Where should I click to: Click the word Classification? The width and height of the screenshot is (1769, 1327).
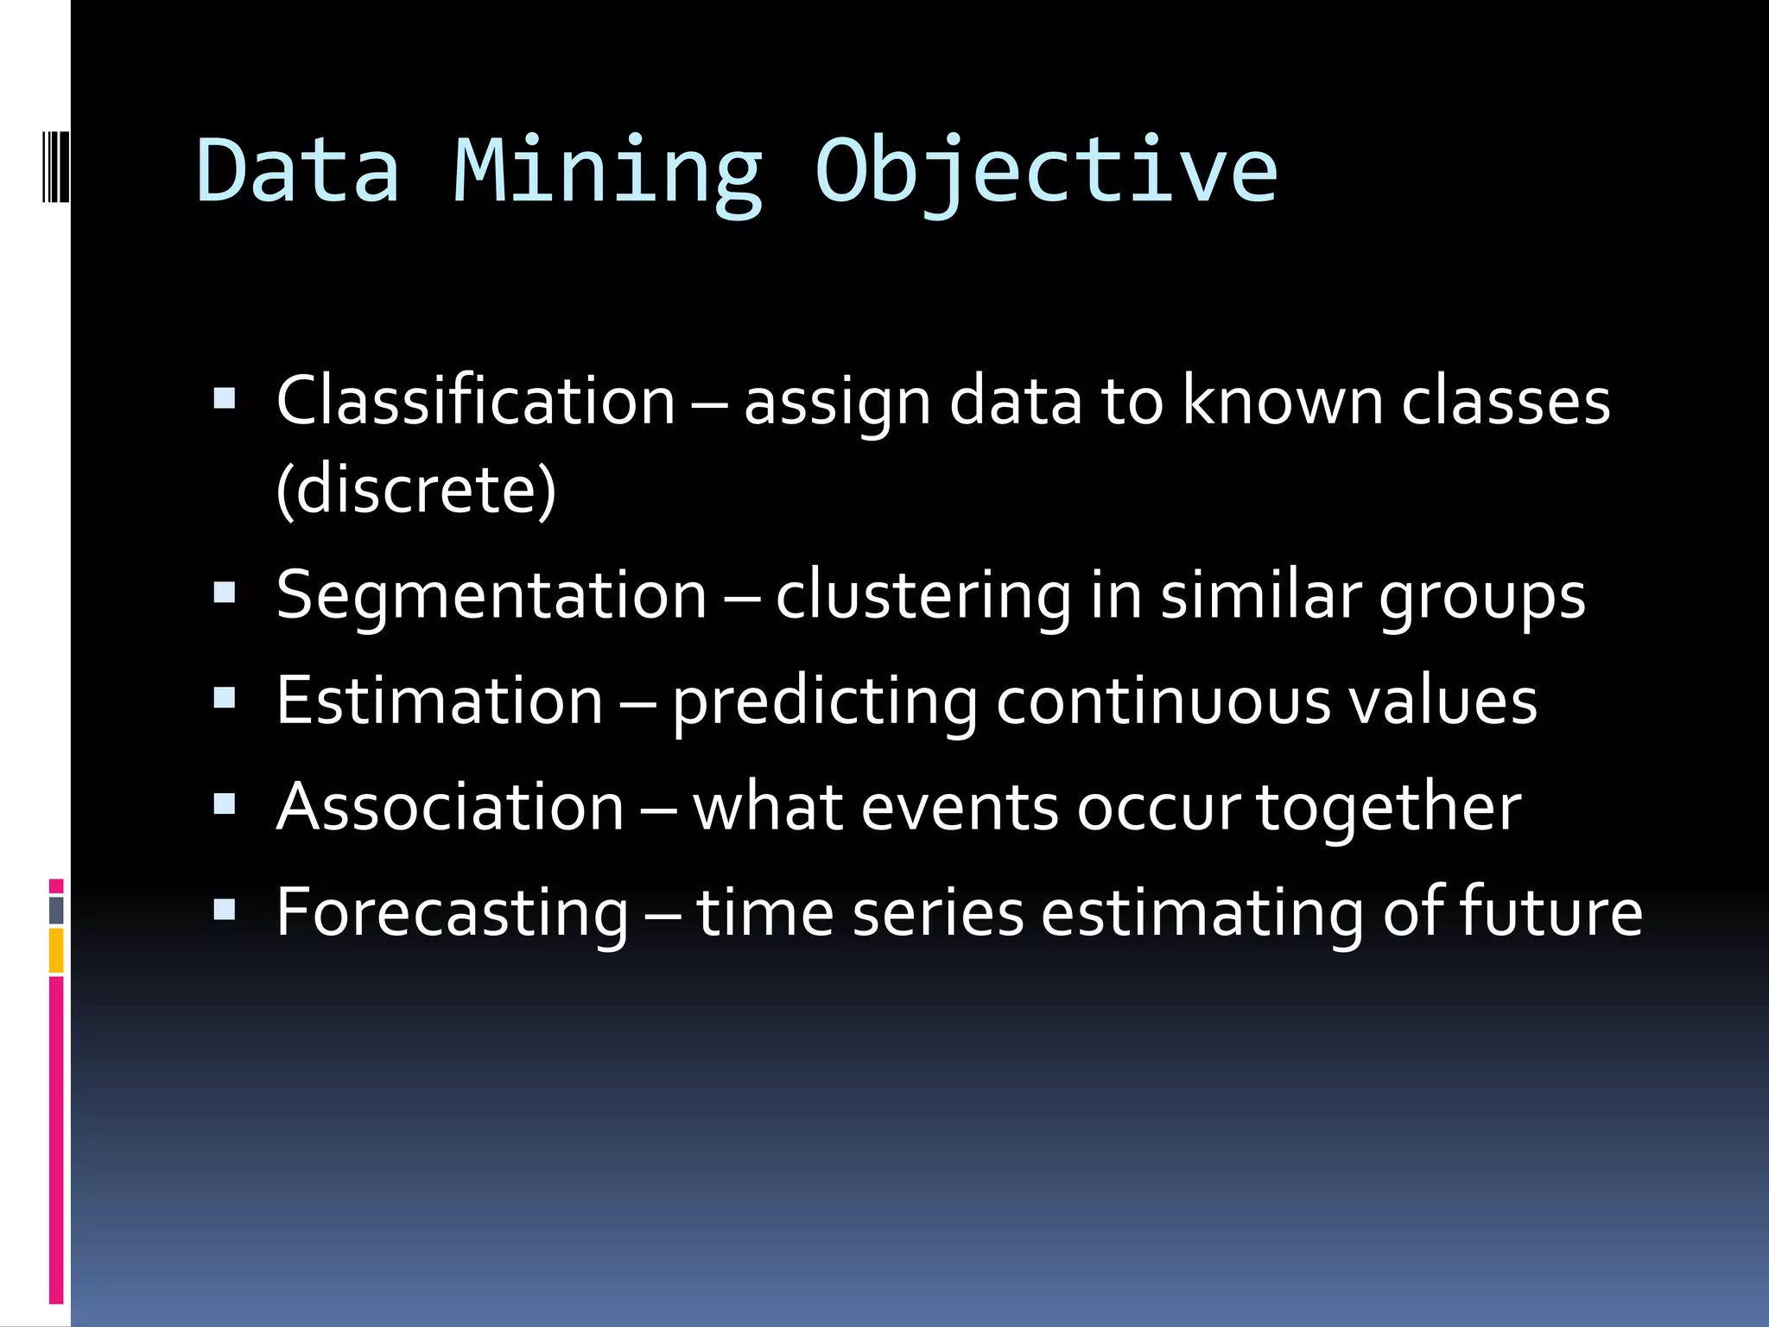476,401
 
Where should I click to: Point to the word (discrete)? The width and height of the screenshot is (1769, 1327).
416,489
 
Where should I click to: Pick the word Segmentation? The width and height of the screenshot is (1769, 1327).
491,595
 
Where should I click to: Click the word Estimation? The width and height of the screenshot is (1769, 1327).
440,701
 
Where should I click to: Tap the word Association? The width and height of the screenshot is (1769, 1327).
450,807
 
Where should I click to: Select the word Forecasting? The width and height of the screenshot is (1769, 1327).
453,913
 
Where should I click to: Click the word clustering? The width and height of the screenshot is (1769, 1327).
923,595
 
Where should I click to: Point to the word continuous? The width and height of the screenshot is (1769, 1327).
1163,701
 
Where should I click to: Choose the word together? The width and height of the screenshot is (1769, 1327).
1388,807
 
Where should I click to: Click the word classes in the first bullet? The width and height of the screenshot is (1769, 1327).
1506,401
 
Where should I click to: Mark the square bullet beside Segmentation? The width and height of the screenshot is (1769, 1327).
225,593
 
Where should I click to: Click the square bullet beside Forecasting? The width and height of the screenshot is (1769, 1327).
225,910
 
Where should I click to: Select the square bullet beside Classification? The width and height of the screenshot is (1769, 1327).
225,398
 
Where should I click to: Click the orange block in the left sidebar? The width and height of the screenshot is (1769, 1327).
56,950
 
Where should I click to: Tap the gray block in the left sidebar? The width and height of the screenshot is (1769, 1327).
56,911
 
